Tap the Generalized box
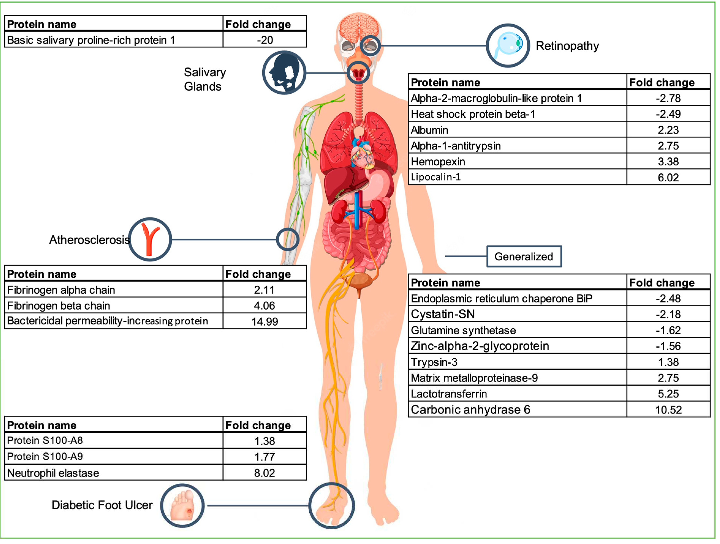click(524, 257)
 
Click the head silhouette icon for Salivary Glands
click(284, 73)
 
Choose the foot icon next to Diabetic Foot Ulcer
click(182, 506)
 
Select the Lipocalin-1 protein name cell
click(436, 177)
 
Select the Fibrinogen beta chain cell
click(58, 306)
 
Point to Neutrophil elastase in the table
click(53, 473)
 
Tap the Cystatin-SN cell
click(443, 314)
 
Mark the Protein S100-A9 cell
click(45, 456)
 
